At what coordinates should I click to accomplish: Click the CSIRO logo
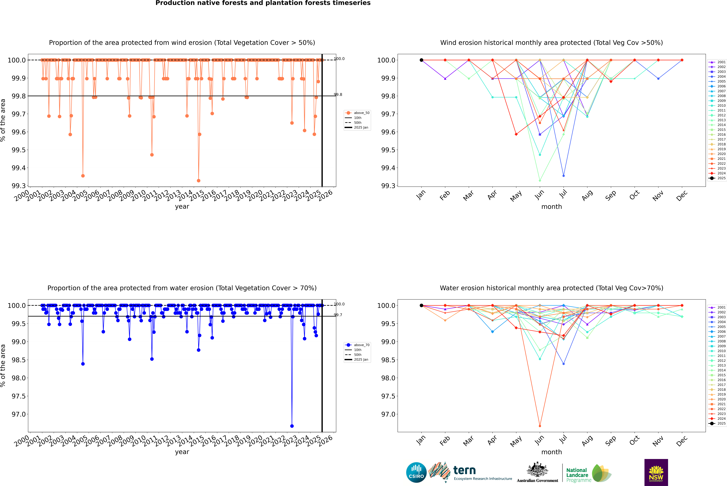[416, 472]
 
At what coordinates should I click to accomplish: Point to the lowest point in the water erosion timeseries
[292, 426]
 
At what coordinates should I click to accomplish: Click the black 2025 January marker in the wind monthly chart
[421, 60]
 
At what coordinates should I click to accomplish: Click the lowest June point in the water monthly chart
[540, 426]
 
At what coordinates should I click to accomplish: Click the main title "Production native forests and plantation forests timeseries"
[263, 3]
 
